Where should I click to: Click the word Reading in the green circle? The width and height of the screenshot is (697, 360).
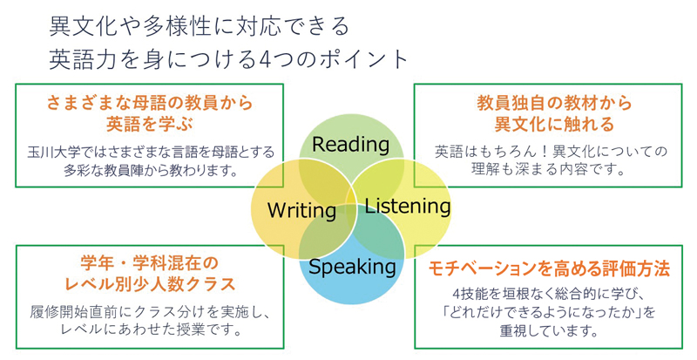(x=351, y=145)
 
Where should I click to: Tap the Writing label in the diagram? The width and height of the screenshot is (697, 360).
(x=301, y=210)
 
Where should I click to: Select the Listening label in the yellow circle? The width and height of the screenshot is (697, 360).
(x=408, y=206)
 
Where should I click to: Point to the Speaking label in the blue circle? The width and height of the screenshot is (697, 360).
(x=352, y=267)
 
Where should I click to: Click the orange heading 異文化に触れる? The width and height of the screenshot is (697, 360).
(x=554, y=124)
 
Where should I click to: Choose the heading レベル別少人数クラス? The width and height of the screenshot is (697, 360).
(x=150, y=283)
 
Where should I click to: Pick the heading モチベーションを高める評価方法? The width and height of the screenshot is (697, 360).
(x=549, y=268)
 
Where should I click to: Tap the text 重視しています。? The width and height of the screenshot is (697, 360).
(x=549, y=331)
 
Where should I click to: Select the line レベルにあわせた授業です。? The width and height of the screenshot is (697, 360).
(x=151, y=330)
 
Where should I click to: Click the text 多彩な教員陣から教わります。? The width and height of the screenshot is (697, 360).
(x=150, y=171)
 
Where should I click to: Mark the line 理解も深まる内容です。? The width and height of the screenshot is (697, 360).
(x=549, y=170)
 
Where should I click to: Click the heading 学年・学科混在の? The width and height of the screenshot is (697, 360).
(x=150, y=263)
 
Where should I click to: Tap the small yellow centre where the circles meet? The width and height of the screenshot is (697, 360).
(x=351, y=198)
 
